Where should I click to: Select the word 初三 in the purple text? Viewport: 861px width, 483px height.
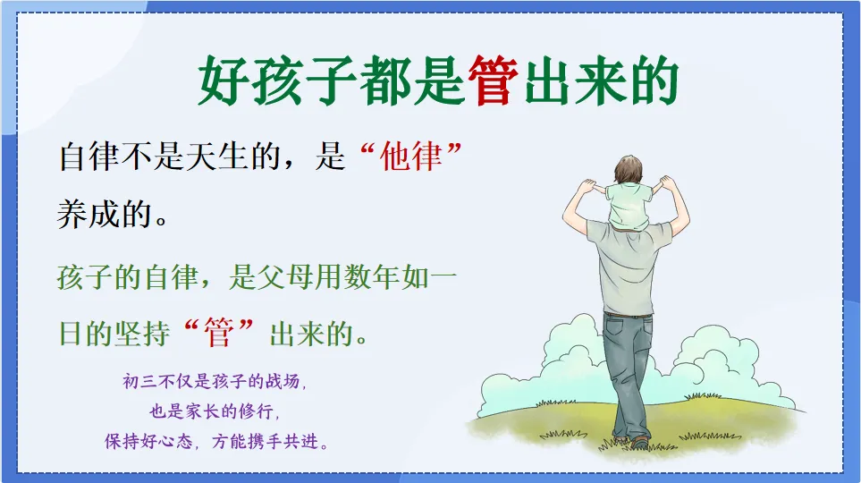[x=137, y=383]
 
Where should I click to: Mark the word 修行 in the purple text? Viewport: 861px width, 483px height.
[x=269, y=412]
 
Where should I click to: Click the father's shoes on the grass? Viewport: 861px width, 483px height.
[x=637, y=442]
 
